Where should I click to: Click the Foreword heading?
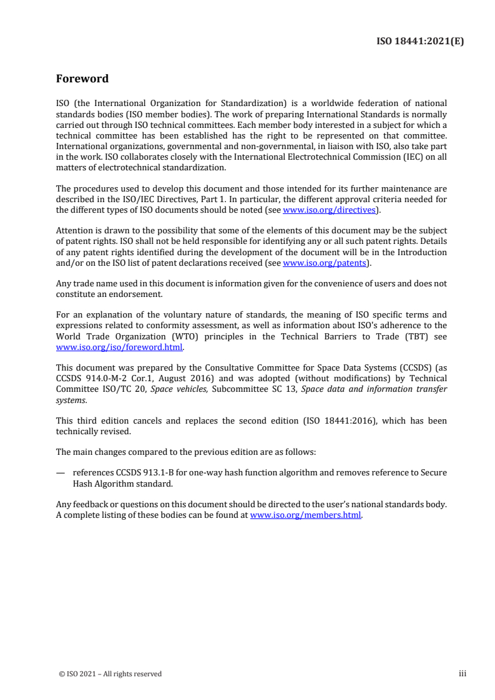pos(82,79)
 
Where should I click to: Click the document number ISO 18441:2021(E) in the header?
pos(421,42)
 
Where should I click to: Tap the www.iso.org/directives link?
pos(329,210)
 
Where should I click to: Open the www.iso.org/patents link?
pos(324,263)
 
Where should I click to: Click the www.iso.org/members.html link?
pos(305,515)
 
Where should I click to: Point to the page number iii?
pos(463,673)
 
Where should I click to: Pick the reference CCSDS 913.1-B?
pos(134,472)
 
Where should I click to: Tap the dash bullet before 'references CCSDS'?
pos(61,472)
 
